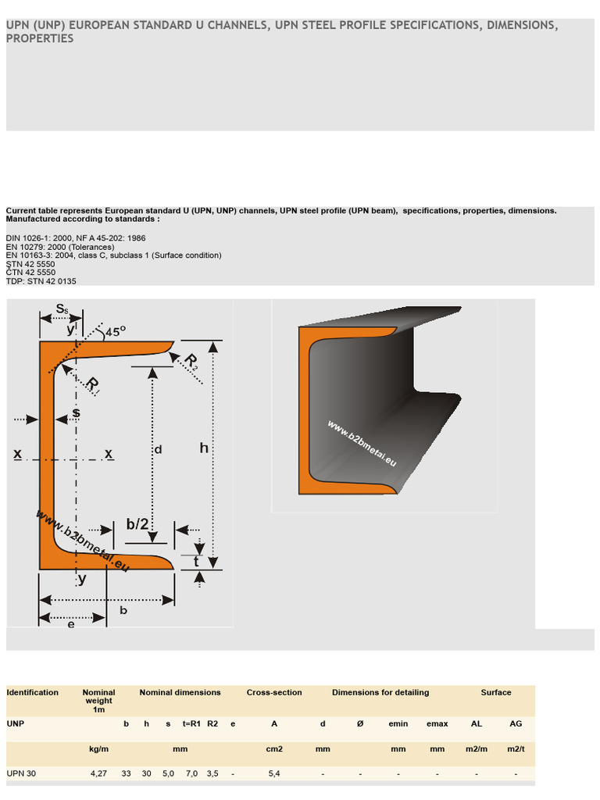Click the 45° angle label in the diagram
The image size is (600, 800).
(x=115, y=331)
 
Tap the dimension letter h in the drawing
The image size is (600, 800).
(x=204, y=448)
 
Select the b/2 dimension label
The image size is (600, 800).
(x=137, y=523)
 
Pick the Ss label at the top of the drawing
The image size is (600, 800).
(x=62, y=309)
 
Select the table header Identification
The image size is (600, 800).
(x=32, y=692)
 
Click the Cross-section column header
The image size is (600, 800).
(x=274, y=692)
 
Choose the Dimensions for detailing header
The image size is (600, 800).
(x=380, y=692)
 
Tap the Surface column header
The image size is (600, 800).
(x=496, y=692)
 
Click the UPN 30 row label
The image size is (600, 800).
(x=22, y=773)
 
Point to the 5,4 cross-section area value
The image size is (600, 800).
(x=274, y=773)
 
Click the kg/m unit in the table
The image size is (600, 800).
(x=99, y=748)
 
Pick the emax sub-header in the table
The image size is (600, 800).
(x=437, y=723)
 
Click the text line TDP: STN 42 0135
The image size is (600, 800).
(x=41, y=281)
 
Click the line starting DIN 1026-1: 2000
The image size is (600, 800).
(x=75, y=238)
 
